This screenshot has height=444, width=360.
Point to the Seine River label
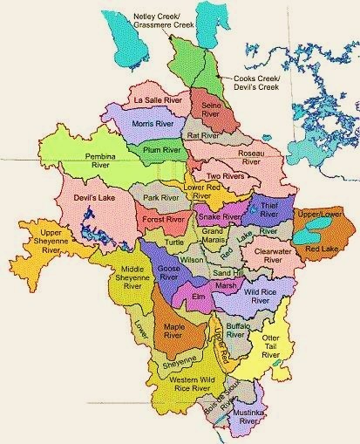[x=209, y=110]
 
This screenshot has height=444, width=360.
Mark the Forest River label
[x=164, y=220]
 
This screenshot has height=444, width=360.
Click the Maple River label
[x=179, y=331]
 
